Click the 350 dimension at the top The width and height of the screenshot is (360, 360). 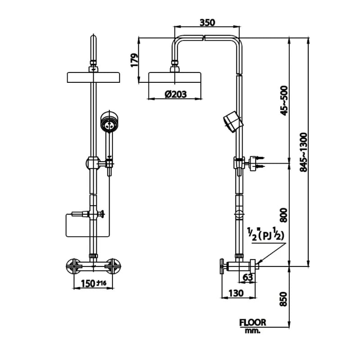coord(207,22)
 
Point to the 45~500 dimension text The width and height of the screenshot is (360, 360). coord(284,100)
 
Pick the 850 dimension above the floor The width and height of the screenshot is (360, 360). coord(283,299)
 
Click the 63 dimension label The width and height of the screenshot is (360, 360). coord(247,278)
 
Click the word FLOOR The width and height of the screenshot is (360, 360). coord(252,322)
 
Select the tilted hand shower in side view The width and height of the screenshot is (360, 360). coord(232,121)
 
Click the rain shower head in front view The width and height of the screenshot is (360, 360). coord(93,77)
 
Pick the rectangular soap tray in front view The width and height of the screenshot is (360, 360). coord(88,225)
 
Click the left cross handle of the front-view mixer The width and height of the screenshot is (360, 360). coord(73,266)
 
